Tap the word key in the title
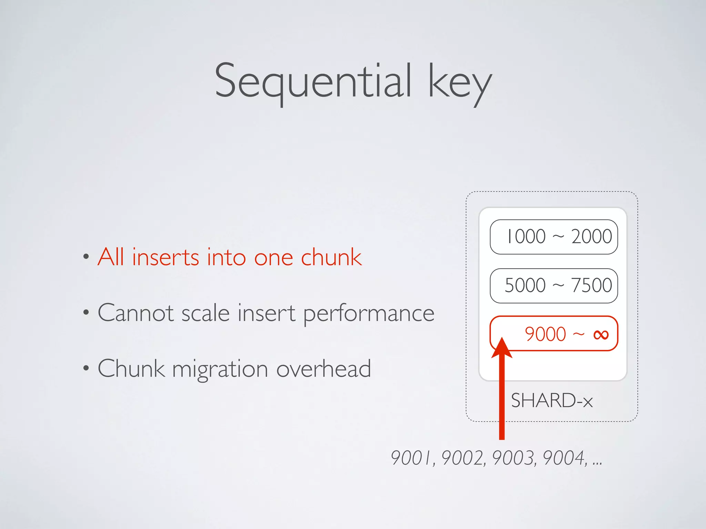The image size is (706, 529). (460, 83)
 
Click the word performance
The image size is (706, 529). (369, 314)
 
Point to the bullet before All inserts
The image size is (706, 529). (86, 257)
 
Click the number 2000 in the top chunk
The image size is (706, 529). (592, 237)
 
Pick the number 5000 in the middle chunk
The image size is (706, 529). (525, 285)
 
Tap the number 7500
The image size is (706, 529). (592, 285)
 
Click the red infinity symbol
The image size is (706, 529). (601, 334)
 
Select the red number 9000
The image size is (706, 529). (545, 334)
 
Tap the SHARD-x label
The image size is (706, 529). (552, 400)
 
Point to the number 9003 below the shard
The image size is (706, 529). (514, 458)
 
